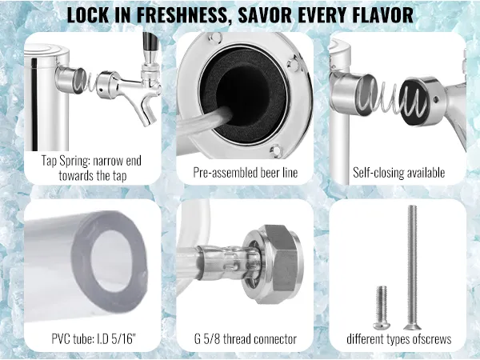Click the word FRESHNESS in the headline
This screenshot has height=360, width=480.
point(182,14)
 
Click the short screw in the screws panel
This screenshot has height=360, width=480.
point(381,307)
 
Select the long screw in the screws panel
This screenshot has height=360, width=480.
point(412,267)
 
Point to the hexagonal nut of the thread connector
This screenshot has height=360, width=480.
point(281,264)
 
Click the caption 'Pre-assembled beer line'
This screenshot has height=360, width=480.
point(246,173)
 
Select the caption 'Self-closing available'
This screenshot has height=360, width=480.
point(398,173)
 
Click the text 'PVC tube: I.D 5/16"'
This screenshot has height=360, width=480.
point(94,339)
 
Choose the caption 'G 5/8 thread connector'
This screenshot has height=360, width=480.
point(246,339)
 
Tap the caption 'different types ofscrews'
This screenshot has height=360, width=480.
point(398,339)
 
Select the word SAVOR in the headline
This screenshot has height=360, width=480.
point(265,14)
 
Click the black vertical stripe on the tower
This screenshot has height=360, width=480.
point(34,104)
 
